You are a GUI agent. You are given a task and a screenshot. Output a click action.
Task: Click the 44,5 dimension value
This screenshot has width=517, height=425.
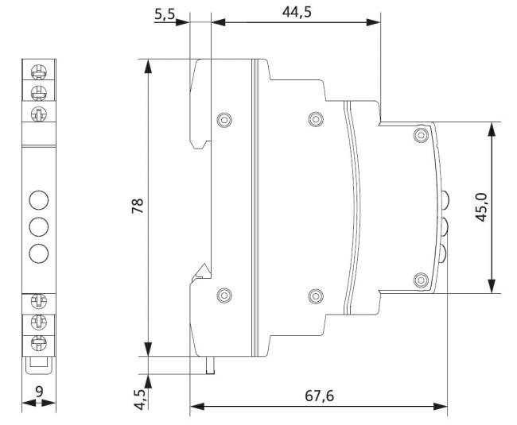click(297, 12)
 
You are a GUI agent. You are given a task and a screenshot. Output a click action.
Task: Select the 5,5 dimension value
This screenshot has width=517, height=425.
click(165, 14)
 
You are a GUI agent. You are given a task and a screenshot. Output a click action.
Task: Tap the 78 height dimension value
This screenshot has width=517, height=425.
click(138, 206)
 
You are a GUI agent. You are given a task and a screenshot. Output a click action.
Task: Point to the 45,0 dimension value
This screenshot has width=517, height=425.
click(481, 207)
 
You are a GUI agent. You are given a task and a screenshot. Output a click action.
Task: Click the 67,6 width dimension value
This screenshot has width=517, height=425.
click(319, 396)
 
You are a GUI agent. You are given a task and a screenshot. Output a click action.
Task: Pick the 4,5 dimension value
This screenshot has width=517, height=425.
click(140, 400)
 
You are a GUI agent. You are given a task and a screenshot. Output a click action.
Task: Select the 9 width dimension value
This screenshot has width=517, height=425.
click(39, 392)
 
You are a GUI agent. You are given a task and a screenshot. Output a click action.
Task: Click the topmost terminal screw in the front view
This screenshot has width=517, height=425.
click(39, 72)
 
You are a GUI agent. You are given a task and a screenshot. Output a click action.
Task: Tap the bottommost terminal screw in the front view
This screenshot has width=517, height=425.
click(39, 343)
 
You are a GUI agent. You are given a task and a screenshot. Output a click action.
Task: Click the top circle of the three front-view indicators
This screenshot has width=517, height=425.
click(39, 200)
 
